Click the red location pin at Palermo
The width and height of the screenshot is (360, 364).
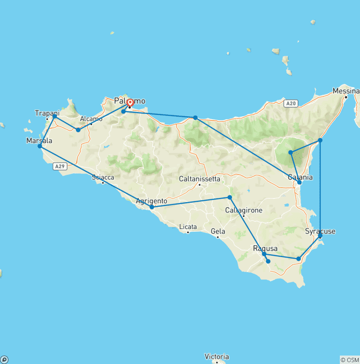point(129,102)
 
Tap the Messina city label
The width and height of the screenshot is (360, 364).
point(346,91)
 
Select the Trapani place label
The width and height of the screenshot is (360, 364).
point(47,113)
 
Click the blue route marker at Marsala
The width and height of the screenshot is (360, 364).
point(40,146)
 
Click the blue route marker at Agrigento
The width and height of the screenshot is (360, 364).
point(152,207)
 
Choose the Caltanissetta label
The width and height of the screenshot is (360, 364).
point(199,179)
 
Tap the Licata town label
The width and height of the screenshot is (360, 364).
point(188,227)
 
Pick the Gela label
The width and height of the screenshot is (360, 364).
point(218,231)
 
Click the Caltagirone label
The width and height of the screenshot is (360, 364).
point(243,210)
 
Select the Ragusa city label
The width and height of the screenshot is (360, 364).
point(265,248)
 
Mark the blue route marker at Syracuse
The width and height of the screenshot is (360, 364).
point(320,236)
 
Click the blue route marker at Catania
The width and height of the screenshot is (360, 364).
point(300,182)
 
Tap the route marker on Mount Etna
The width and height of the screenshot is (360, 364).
point(291,152)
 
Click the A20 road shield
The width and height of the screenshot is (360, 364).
point(291,103)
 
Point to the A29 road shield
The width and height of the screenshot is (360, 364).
point(59,166)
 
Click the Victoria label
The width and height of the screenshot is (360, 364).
point(217,356)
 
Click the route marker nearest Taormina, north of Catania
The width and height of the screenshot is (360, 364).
point(320,140)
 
